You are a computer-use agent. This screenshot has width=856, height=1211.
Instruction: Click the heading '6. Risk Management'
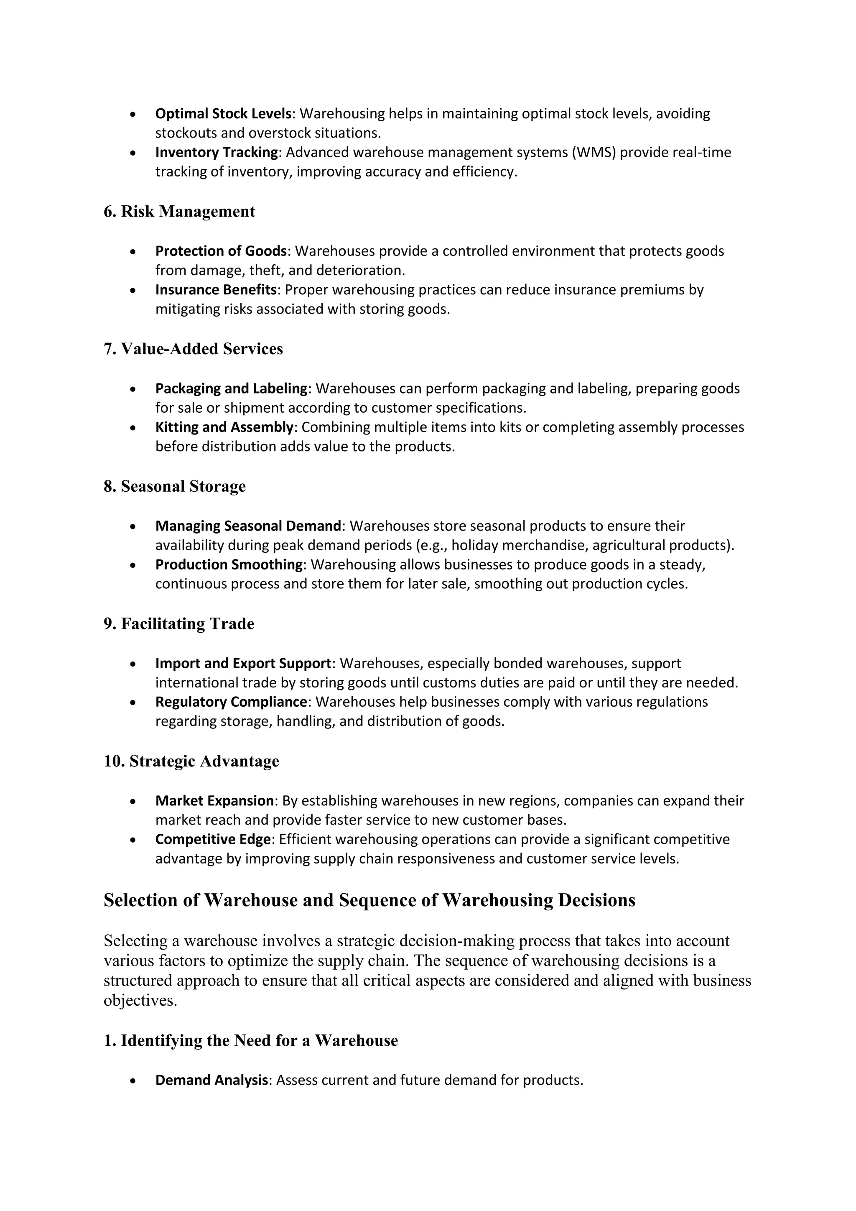tap(179, 212)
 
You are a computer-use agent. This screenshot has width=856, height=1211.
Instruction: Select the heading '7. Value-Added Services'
tap(193, 349)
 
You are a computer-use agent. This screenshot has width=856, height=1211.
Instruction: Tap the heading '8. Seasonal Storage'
tap(174, 486)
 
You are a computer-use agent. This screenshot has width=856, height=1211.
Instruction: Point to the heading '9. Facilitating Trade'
tap(179, 623)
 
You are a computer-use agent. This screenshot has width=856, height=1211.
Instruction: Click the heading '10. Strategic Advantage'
tap(191, 761)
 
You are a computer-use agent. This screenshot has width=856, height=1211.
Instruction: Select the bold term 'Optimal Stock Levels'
tap(223, 113)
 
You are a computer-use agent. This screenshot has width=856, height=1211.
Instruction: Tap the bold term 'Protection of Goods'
tap(221, 251)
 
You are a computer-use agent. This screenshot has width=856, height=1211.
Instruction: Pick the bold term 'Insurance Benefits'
tap(216, 289)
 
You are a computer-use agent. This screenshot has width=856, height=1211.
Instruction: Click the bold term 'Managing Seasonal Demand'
tap(248, 526)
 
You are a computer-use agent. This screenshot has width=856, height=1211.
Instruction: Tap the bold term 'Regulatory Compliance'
tap(231, 702)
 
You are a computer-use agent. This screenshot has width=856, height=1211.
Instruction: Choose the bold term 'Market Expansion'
tap(214, 801)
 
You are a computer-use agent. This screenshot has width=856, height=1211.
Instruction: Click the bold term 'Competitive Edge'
tap(213, 839)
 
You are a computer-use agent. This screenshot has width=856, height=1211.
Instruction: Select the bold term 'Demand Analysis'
tap(211, 1080)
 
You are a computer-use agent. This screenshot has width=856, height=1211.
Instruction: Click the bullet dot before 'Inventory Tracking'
tap(133, 153)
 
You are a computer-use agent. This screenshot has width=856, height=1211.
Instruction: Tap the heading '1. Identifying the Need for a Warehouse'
tap(250, 1041)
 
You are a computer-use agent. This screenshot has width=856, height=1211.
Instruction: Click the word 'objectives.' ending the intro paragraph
tap(140, 1001)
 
